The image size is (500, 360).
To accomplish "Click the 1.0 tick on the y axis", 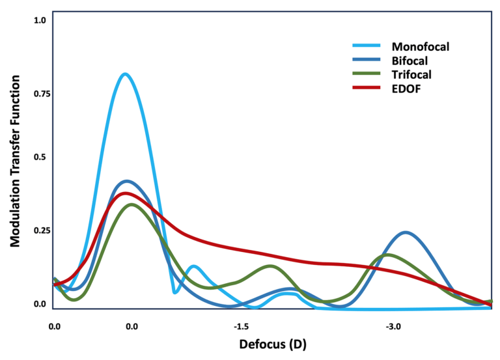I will click(40, 20).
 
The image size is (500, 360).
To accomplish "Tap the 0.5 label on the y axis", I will click(40, 158).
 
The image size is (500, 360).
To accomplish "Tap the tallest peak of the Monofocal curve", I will click(124, 74).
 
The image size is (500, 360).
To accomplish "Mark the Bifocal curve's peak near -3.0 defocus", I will click(406, 232).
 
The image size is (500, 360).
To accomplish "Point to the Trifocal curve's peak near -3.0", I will click(388, 255).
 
